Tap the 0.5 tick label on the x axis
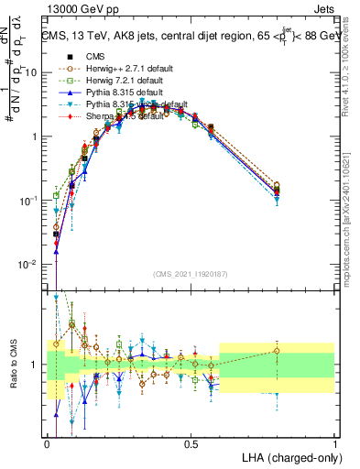click(191, 443)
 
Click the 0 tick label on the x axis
click(47, 443)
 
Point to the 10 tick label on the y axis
click(32, 72)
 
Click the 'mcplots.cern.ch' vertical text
click(352, 220)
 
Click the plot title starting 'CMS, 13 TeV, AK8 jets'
click(183, 36)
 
